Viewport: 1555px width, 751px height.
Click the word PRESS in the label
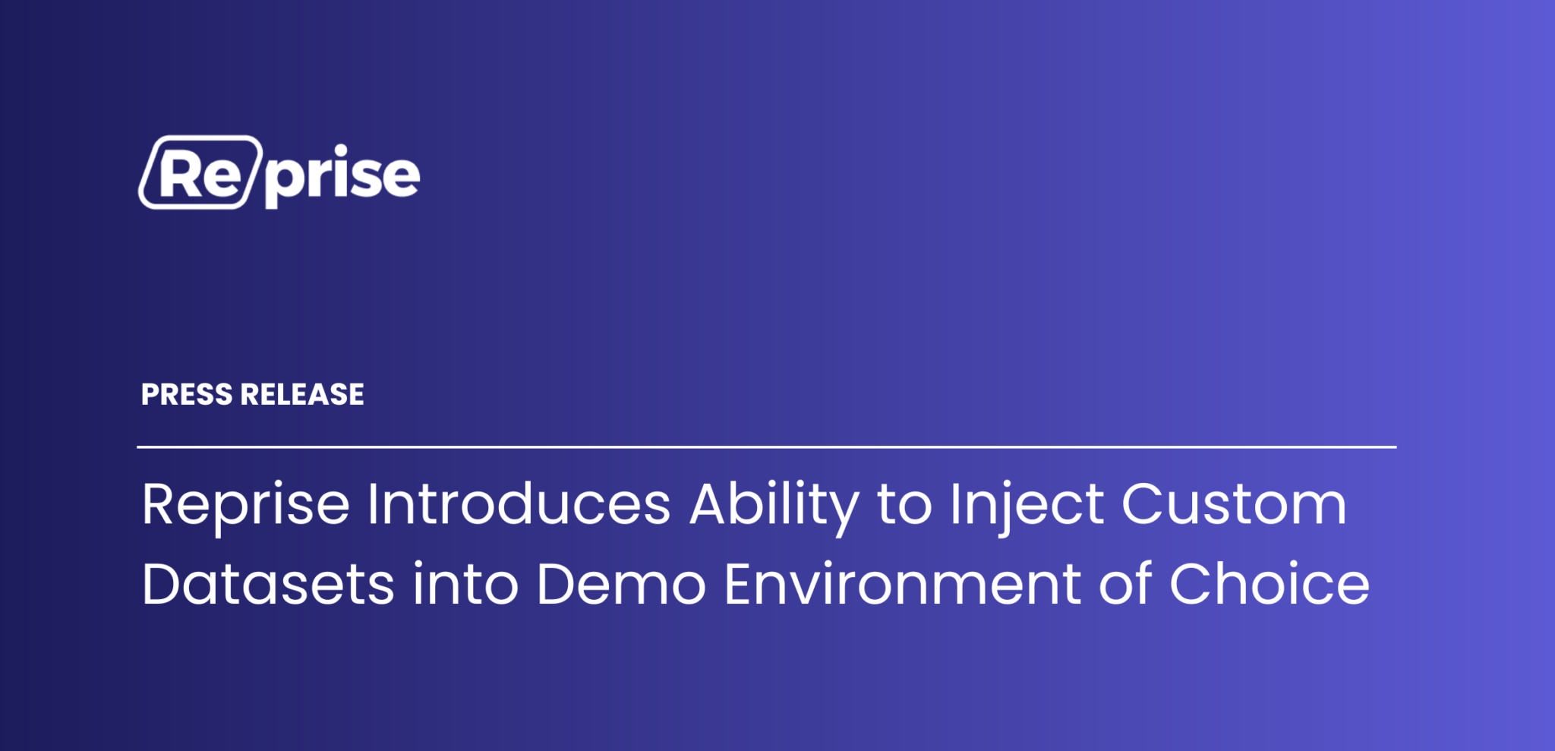coord(187,395)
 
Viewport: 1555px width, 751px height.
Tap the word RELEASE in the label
coord(302,395)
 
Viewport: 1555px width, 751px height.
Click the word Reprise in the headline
coord(245,506)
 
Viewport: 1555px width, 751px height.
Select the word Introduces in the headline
coord(519,506)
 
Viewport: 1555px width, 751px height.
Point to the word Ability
coord(774,506)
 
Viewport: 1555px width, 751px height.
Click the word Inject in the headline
coord(1027,506)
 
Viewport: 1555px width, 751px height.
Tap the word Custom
coord(1235,506)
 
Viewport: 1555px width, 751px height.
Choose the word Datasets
coord(267,585)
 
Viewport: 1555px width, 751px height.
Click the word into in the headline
coord(465,585)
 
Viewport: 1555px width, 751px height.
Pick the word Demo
coord(621,585)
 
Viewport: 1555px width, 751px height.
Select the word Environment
coord(902,585)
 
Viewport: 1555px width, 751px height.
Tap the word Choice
coord(1270,585)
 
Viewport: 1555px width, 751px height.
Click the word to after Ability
coord(904,506)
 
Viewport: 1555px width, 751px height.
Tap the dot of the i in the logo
coord(341,149)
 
